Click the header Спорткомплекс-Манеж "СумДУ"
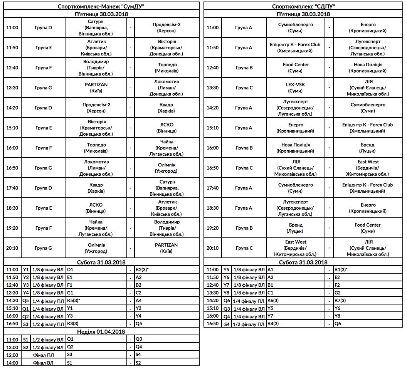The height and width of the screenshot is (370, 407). (101, 7)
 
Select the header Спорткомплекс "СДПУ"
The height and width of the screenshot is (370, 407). (303, 7)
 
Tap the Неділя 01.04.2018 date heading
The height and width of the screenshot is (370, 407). (101, 331)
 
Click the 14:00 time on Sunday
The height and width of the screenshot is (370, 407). (12, 363)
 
